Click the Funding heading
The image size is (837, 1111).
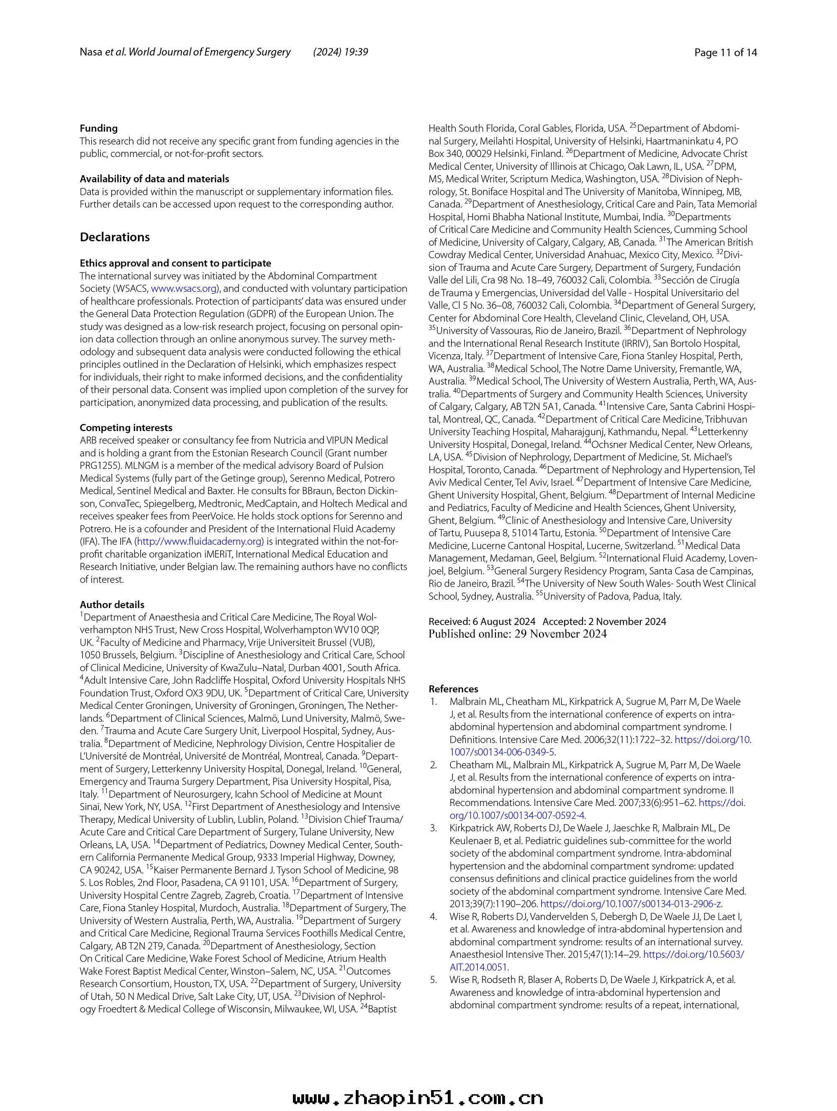pos(98,129)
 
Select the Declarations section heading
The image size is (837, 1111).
pos(115,237)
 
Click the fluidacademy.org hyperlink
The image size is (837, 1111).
pos(200,541)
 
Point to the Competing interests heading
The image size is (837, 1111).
pos(126,428)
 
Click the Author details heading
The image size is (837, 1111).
pos(112,605)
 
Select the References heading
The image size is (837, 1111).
pos(453,689)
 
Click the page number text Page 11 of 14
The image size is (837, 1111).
pos(725,53)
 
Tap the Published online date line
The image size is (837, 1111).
pos(517,634)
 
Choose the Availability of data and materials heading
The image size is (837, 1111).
pos(154,179)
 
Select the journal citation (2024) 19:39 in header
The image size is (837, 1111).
pos(340,52)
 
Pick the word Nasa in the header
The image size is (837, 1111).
pos(91,53)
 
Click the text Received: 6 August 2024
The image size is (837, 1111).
pos(482,622)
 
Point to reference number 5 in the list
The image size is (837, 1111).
pos(434,980)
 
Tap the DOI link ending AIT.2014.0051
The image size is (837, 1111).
pos(479,967)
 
